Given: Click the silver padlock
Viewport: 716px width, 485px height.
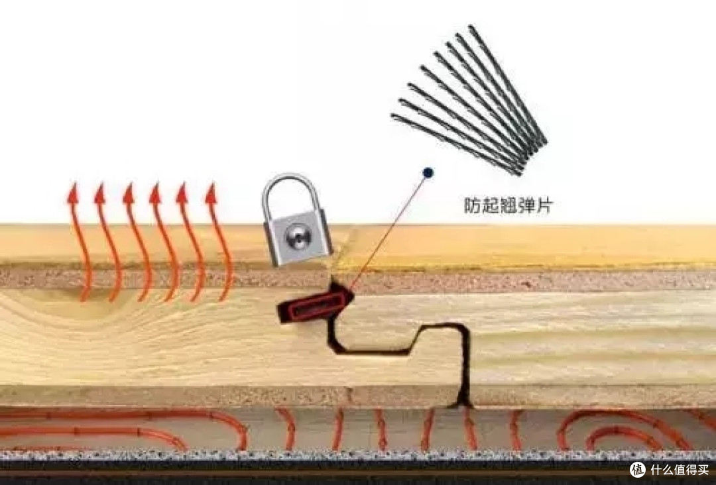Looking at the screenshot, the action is (296, 220).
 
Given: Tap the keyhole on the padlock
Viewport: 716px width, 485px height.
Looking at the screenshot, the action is (298, 237).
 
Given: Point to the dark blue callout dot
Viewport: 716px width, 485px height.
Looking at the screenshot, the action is (428, 172).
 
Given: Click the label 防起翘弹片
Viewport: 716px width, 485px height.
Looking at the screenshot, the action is (508, 205).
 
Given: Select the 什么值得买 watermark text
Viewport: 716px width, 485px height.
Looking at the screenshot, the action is (680, 470).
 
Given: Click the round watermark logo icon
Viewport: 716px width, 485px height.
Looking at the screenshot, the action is (638, 470).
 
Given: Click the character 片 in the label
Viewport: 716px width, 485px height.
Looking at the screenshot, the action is (544, 205).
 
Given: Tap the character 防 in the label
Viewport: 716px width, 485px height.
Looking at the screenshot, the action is (473, 205).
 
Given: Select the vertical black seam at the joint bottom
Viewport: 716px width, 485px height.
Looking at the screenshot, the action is (465, 365).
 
